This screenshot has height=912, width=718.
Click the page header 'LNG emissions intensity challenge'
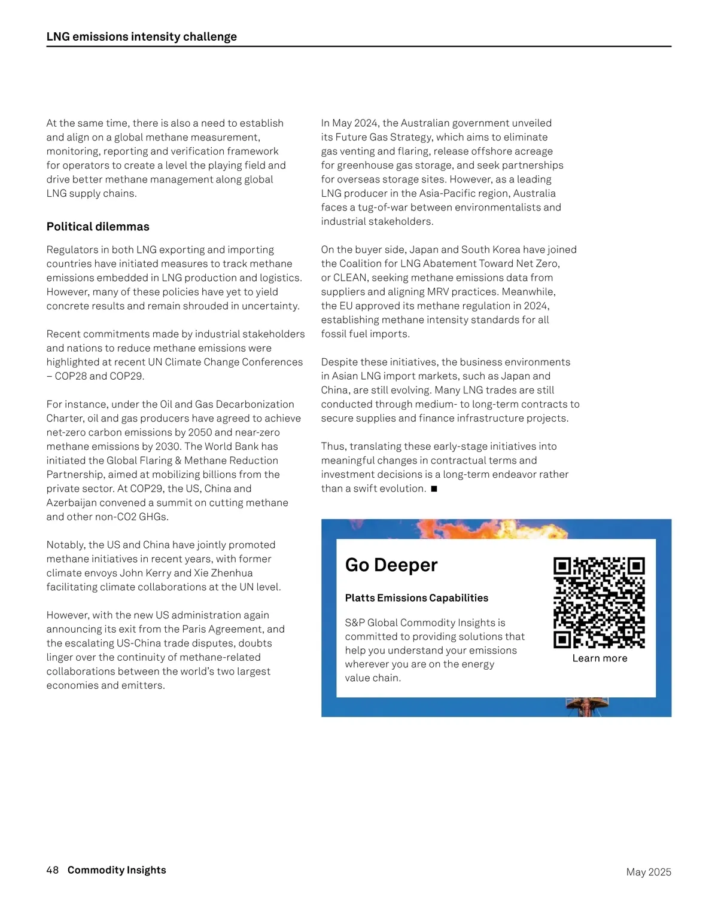(142, 36)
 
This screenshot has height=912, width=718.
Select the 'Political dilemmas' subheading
(98, 227)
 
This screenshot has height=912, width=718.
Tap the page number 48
(53, 870)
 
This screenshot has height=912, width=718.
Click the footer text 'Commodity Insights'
(117, 870)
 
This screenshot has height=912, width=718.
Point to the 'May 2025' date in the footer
(649, 872)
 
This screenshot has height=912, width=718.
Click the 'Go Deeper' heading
(391, 565)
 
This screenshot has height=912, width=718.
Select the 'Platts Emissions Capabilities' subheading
(416, 598)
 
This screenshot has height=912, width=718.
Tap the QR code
(599, 603)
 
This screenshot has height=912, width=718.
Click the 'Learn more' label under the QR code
(600, 658)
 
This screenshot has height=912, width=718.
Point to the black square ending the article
(434, 489)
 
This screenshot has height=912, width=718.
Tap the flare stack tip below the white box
(587, 706)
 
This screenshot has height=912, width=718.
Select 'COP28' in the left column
(71, 376)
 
